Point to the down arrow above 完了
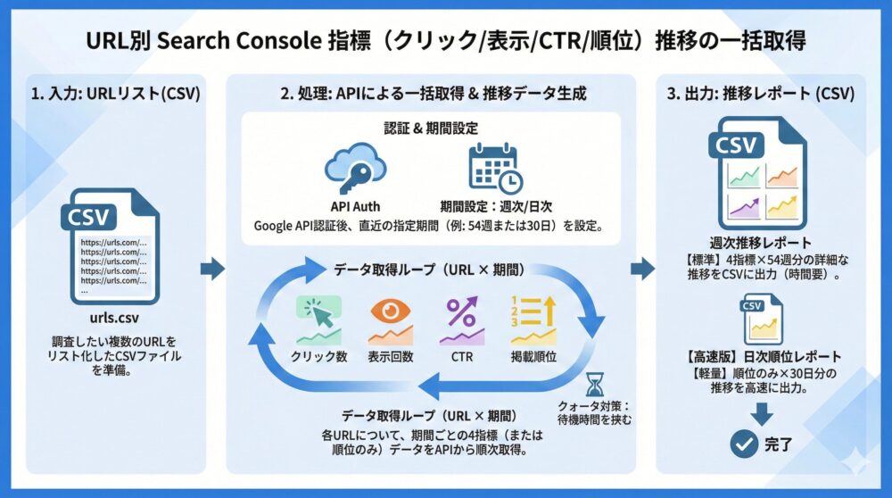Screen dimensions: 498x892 (762, 411)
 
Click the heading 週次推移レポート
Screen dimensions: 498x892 (761, 242)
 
